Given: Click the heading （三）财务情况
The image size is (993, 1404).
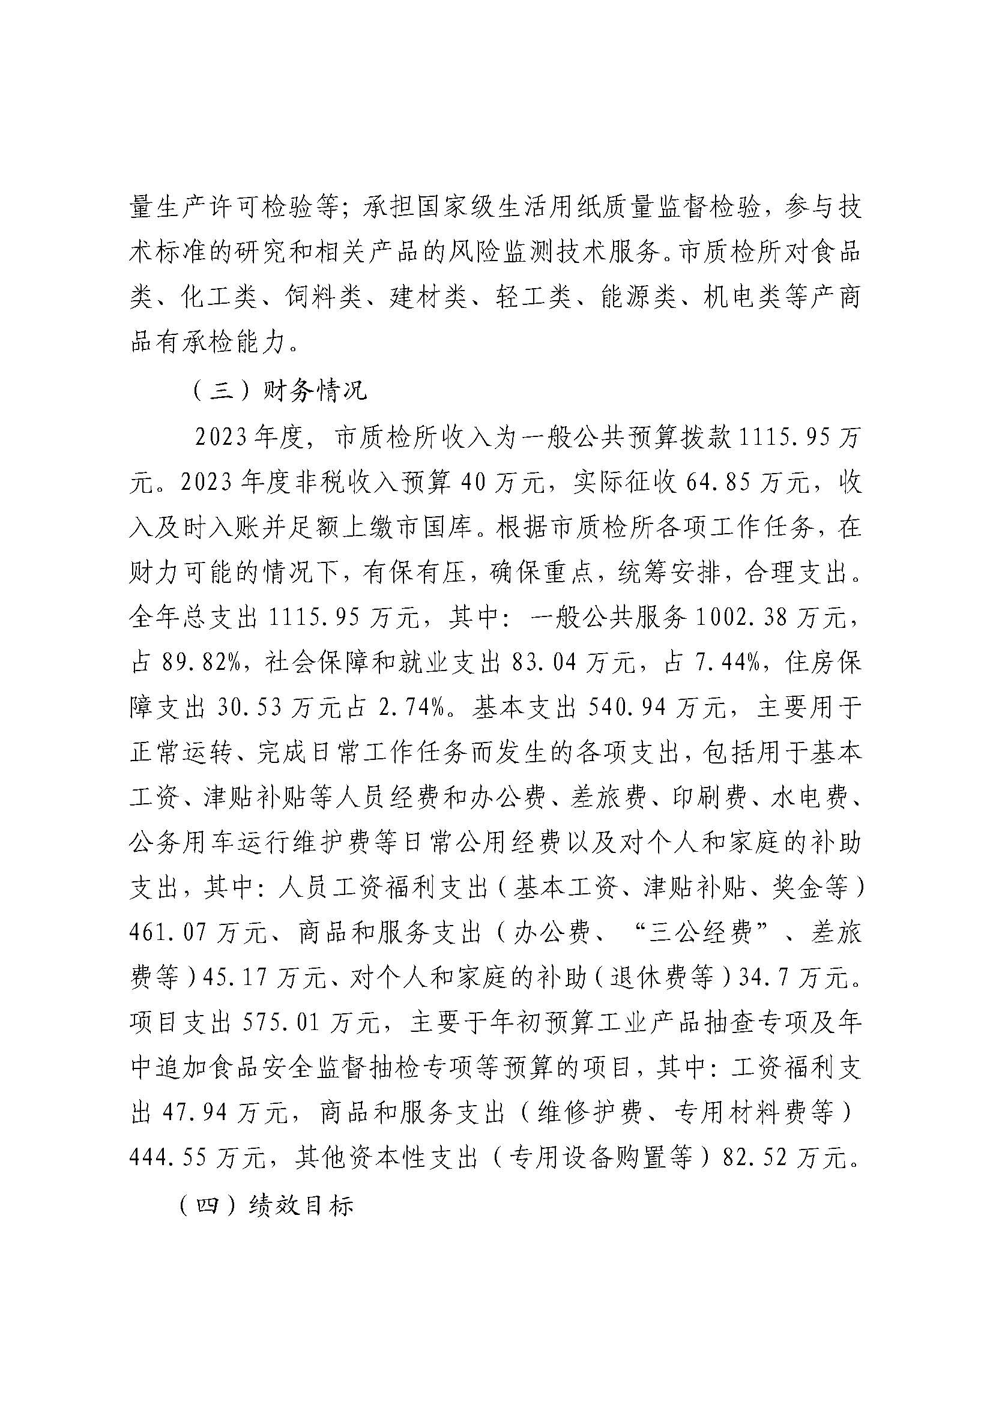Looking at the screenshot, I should tap(279, 390).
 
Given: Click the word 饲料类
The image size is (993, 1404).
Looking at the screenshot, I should tap(322, 299).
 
